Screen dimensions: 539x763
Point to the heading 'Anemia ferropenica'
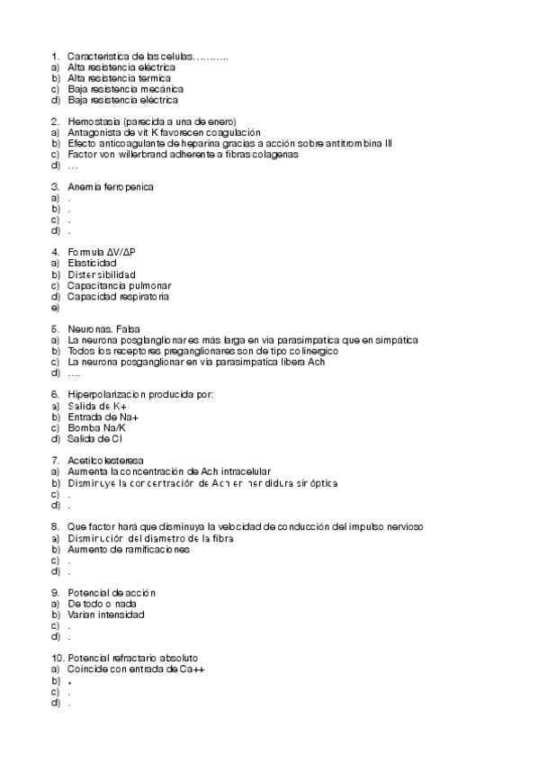(x=111, y=187)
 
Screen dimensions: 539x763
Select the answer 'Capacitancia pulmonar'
(x=119, y=285)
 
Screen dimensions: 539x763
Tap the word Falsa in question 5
(x=128, y=329)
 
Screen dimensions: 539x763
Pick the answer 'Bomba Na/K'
(x=96, y=427)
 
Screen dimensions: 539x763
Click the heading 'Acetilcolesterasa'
(x=104, y=461)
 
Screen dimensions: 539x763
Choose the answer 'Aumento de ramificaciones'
(x=128, y=549)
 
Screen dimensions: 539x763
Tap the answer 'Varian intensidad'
(x=105, y=615)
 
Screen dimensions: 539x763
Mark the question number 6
(x=55, y=395)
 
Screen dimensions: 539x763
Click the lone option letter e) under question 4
(x=55, y=308)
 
